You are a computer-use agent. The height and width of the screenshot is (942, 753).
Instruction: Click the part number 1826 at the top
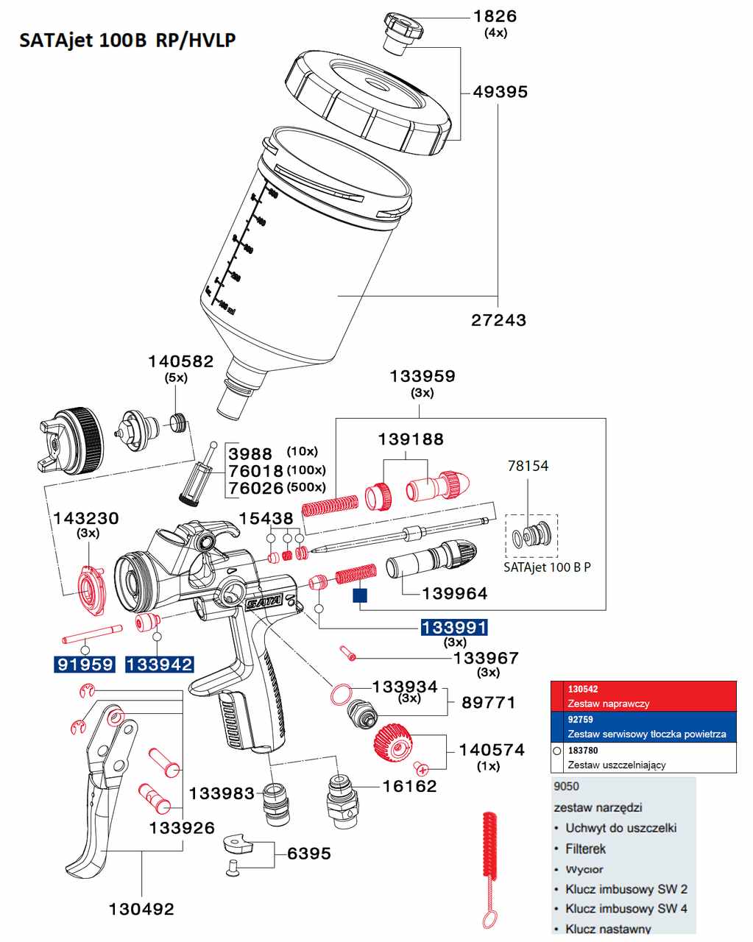[x=495, y=16]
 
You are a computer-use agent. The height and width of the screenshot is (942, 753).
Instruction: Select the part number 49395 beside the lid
[x=500, y=92]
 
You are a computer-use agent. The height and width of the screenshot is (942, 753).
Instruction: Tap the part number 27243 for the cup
[x=498, y=320]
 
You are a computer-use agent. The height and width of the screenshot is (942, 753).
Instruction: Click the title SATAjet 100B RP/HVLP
[x=127, y=40]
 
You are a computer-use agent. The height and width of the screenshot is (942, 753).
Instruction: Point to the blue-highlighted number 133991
[x=453, y=628]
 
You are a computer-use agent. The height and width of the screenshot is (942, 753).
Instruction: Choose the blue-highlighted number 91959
[x=85, y=665]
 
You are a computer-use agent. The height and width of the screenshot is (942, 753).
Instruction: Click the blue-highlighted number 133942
[x=159, y=665]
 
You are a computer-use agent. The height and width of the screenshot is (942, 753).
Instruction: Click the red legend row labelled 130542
[x=643, y=695]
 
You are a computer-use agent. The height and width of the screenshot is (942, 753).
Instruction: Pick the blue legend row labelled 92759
[x=643, y=726]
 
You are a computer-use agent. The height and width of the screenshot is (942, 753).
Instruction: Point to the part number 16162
[x=409, y=786]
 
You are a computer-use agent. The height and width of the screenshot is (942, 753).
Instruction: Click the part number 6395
[x=309, y=854]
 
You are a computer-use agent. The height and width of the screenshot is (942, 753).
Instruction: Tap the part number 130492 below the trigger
[x=141, y=910]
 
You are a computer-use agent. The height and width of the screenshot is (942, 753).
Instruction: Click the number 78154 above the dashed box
[x=528, y=466]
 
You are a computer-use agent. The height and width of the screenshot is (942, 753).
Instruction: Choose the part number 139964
[x=454, y=593]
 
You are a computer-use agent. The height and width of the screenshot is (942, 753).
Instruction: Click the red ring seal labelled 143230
[x=91, y=589]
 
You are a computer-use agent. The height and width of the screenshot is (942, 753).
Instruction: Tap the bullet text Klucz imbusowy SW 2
[x=626, y=889]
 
